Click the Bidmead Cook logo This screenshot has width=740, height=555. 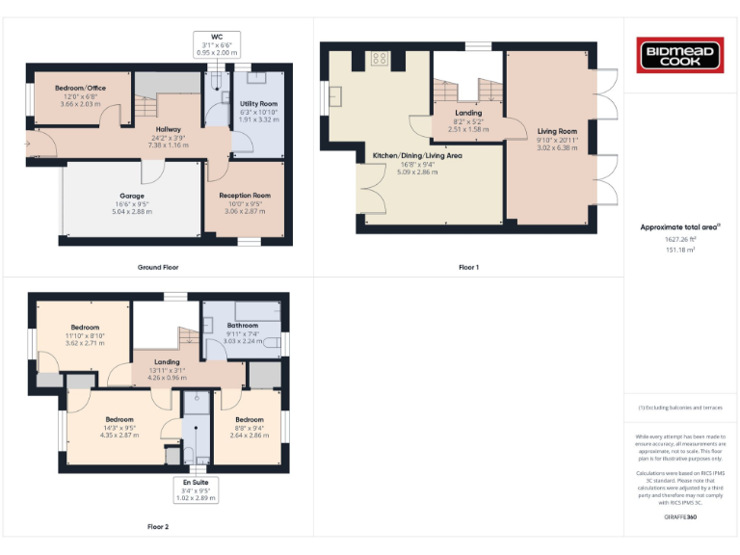681,54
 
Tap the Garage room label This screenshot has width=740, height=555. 132,196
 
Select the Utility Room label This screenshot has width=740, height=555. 259,103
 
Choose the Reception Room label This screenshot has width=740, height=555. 245,196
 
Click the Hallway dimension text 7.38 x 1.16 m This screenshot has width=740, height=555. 169,145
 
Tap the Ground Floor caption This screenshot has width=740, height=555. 158,267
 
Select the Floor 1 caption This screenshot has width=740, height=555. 468,267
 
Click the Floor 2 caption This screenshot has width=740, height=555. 158,527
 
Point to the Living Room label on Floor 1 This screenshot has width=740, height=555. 557,131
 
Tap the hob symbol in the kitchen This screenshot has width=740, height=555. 380,59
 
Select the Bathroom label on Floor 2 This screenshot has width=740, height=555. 243,326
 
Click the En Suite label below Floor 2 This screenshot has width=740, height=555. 197,481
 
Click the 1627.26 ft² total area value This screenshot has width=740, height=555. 680,239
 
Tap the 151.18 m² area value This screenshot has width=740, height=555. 680,249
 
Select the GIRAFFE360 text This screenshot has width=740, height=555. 680,518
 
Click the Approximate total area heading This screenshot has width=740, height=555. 680,227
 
